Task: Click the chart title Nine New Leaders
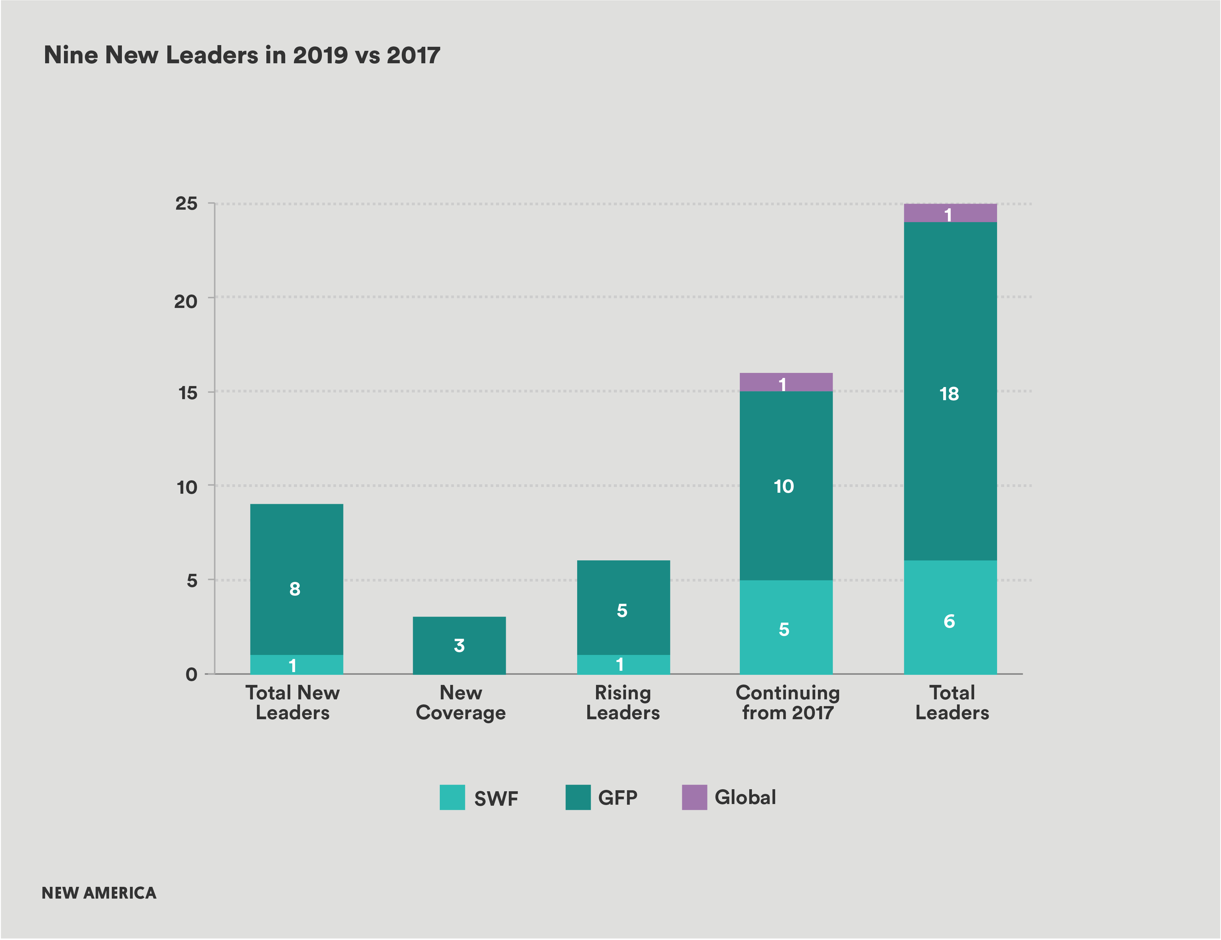click(x=241, y=55)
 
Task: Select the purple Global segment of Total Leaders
click(x=950, y=213)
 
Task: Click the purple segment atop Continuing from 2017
click(x=786, y=382)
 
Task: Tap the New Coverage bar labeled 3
click(x=459, y=646)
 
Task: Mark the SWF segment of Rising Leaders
click(x=623, y=664)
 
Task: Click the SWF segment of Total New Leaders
click(x=296, y=664)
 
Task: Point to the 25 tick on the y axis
click(x=186, y=203)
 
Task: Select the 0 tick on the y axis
click(x=191, y=674)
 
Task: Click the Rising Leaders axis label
click(x=623, y=702)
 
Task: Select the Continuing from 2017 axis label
click(x=787, y=702)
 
